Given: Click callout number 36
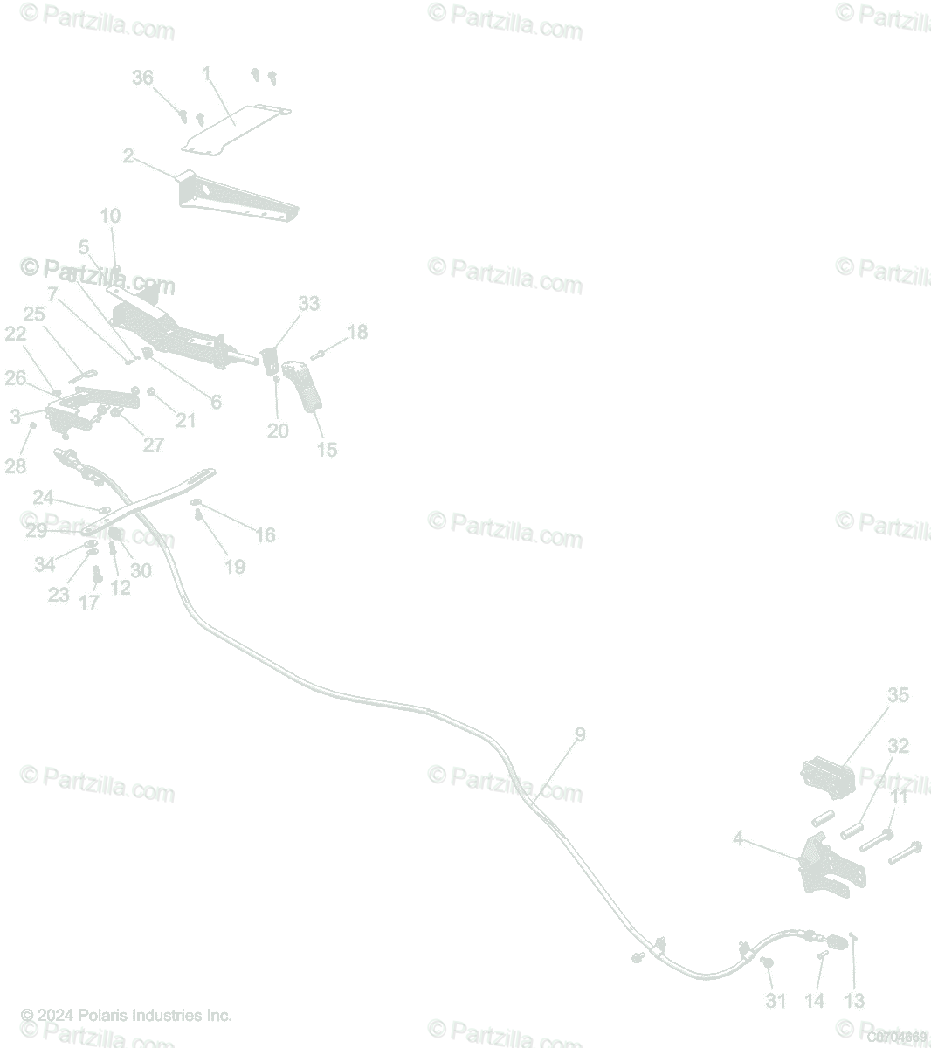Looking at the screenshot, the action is tap(142, 78).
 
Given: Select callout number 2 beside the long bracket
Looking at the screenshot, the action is tap(128, 156).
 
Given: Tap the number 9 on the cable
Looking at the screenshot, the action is tap(580, 734).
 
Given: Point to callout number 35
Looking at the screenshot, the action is tap(898, 695).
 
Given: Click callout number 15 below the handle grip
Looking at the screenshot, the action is tap(327, 450).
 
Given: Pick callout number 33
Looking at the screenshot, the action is tap(309, 304).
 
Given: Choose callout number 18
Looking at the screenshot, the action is tap(357, 332).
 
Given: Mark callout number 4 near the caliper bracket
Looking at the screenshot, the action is tap(738, 839).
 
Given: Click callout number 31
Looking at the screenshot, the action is tap(776, 1001).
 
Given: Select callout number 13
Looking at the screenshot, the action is tap(854, 1001).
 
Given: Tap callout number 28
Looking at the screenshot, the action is tap(16, 466).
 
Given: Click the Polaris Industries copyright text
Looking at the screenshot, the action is tap(127, 1016).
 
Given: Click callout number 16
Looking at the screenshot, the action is tap(265, 534).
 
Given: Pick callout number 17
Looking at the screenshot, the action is tap(89, 603).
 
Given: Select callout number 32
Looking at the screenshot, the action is tap(898, 746).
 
